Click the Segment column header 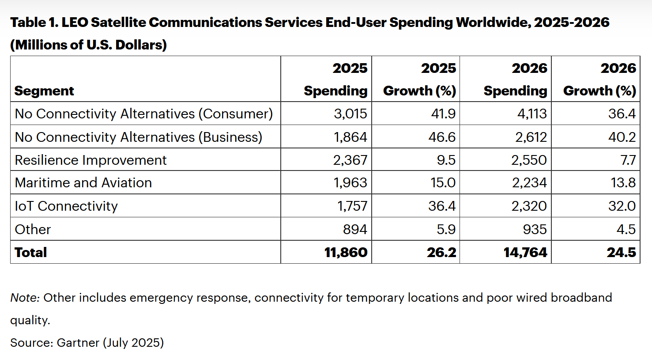tap(44, 91)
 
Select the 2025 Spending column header tap(335, 80)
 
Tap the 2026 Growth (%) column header tap(599, 80)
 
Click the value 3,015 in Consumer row tap(350, 114)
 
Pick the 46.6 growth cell tap(441, 137)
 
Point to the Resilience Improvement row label tap(90, 160)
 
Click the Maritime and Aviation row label tap(83, 183)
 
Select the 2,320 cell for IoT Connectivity tap(529, 206)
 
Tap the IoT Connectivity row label tap(66, 206)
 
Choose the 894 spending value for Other tap(355, 229)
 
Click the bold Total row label tap(30, 252)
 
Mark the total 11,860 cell tap(346, 252)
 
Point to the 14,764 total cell tap(525, 252)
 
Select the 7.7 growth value tap(628, 160)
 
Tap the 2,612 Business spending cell tap(531, 137)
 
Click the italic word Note tap(25, 298)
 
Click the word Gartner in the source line tap(78, 343)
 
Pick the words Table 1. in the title tap(34, 22)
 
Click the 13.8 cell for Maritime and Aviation tap(623, 183)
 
